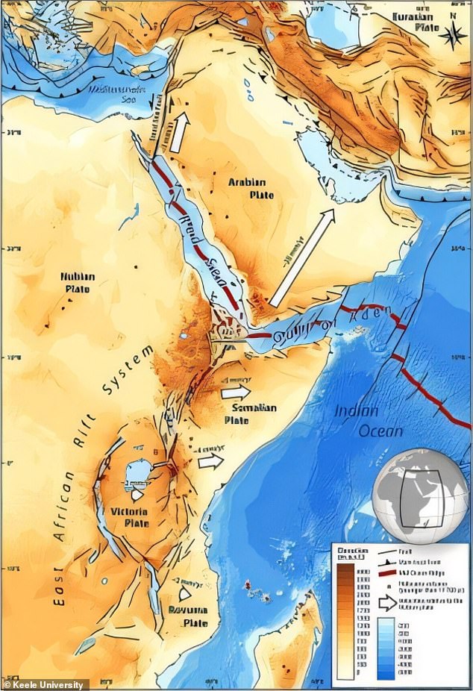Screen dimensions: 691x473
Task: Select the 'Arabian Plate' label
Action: pos(246,188)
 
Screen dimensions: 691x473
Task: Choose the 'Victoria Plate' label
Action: pos(129,517)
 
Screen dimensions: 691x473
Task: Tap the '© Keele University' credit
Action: pos(45,684)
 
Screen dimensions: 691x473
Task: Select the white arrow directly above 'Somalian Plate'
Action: pos(236,392)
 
